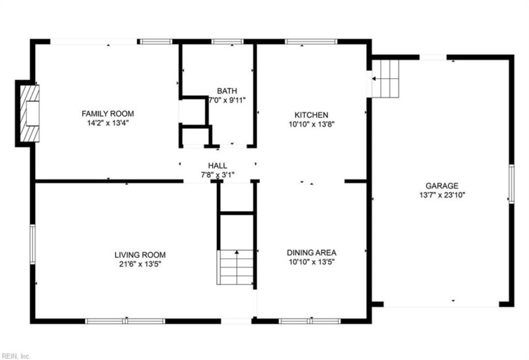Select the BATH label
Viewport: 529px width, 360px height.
click(227, 91)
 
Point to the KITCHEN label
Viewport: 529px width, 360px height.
click(311, 114)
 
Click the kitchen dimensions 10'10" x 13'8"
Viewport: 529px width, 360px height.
click(311, 124)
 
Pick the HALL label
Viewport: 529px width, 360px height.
click(218, 166)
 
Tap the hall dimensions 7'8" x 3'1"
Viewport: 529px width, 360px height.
click(218, 175)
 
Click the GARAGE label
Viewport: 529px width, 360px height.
click(442, 186)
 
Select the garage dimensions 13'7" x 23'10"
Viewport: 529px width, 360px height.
click(442, 195)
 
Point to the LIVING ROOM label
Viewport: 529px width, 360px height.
click(140, 255)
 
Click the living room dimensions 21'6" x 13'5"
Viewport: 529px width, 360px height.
click(140, 264)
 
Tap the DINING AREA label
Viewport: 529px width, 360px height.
click(311, 253)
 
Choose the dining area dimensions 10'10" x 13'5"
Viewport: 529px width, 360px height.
click(311, 262)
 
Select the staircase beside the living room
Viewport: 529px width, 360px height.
click(236, 267)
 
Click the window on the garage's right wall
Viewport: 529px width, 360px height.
click(510, 183)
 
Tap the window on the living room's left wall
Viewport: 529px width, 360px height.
click(32, 246)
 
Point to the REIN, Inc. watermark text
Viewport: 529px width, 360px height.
click(16, 355)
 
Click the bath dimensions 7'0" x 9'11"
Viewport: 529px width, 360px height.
click(227, 101)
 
